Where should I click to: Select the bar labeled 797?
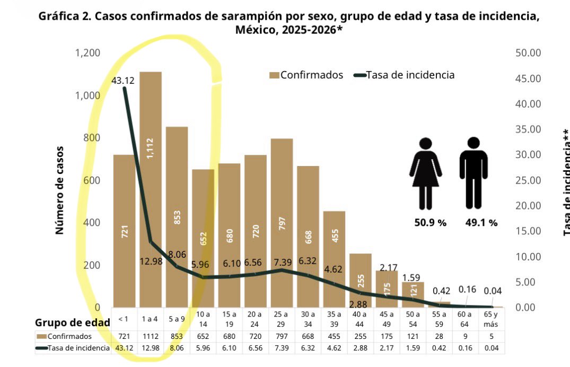point(282,223)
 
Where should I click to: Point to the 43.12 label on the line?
point(123,81)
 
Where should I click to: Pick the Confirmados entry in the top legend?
point(306,75)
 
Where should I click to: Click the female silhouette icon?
point(425,173)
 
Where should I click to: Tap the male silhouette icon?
point(473,173)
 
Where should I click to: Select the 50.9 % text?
point(430,223)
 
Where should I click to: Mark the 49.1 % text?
point(481,223)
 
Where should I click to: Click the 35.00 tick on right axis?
point(528,129)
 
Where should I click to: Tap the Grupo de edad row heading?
point(73,322)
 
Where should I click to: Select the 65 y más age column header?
point(491,319)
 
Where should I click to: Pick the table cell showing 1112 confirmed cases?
point(151,336)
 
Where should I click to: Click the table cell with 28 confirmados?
point(439,336)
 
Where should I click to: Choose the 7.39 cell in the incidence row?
point(282,348)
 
